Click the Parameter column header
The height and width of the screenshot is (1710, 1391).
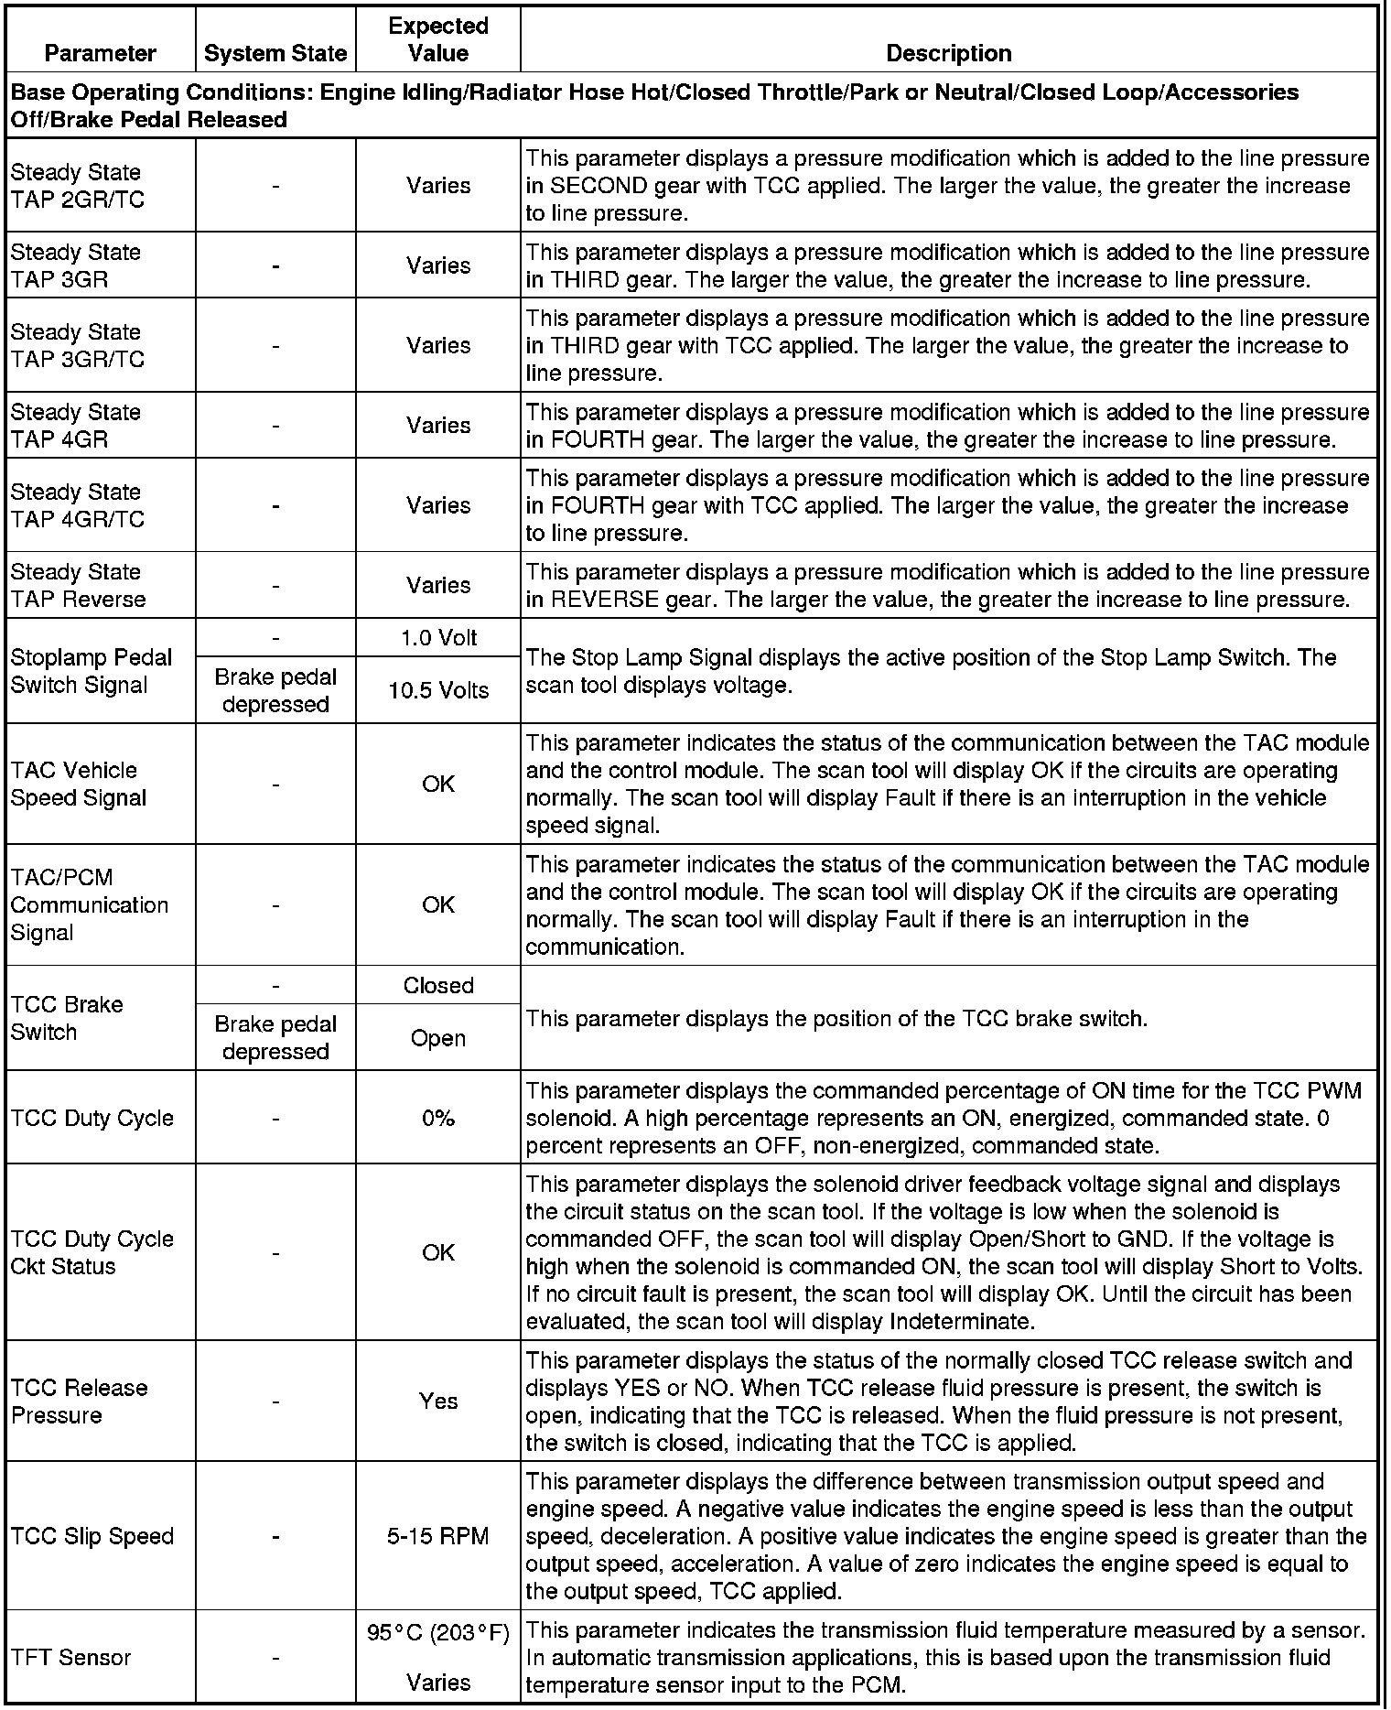point(101,54)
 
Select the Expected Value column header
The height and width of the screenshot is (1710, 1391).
point(438,39)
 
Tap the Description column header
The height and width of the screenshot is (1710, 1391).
point(949,54)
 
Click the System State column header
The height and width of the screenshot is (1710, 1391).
point(275,54)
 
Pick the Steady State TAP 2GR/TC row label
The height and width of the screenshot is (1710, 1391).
point(78,186)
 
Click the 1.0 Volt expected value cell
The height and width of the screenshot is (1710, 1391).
point(438,638)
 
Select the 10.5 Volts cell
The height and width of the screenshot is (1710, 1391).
point(438,690)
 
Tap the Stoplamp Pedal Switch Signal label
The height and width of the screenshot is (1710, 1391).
point(91,671)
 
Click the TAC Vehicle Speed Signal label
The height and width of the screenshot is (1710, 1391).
point(78,785)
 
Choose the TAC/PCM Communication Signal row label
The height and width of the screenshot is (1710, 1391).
point(89,905)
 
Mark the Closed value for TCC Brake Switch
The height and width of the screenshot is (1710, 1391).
point(438,986)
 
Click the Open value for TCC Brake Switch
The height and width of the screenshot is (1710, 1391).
point(438,1038)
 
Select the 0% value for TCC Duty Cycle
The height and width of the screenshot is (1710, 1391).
point(438,1118)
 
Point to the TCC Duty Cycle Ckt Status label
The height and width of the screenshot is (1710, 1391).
point(92,1252)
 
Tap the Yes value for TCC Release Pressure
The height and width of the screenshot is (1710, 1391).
point(438,1401)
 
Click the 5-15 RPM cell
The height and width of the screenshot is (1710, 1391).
point(438,1536)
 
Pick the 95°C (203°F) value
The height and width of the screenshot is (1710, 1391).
point(438,1633)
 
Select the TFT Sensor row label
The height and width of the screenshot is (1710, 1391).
point(70,1657)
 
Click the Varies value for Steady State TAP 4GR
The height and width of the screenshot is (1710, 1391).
point(438,426)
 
